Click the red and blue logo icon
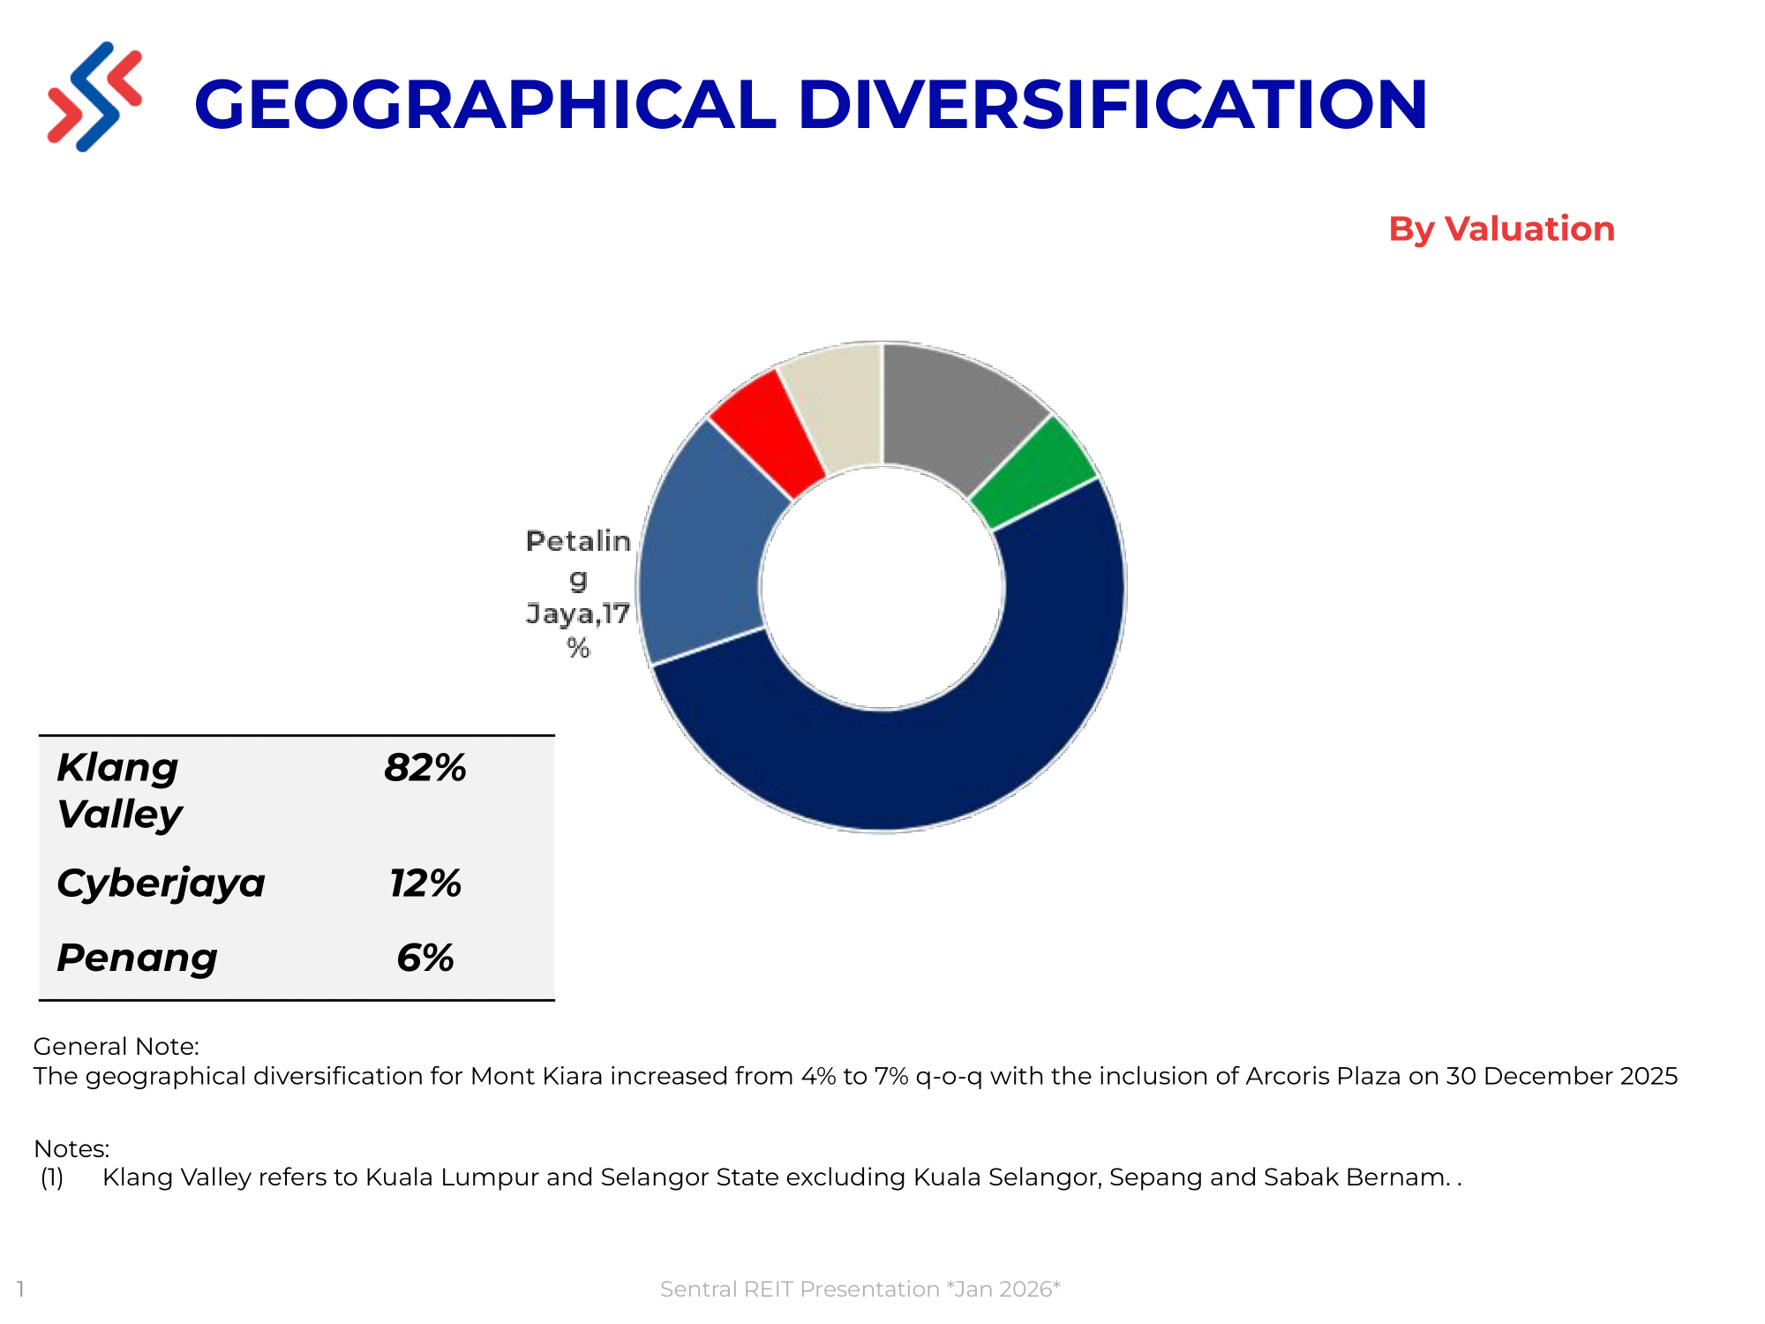(x=94, y=96)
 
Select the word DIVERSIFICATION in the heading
(x=1112, y=104)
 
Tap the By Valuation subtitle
(x=1501, y=229)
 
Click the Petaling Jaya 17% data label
(x=578, y=594)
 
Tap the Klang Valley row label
(x=119, y=791)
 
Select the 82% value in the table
(x=424, y=768)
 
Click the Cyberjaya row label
(x=161, y=884)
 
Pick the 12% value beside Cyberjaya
(x=425, y=884)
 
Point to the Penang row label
(x=137, y=959)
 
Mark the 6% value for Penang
(x=425, y=959)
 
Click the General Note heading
(x=116, y=1047)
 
